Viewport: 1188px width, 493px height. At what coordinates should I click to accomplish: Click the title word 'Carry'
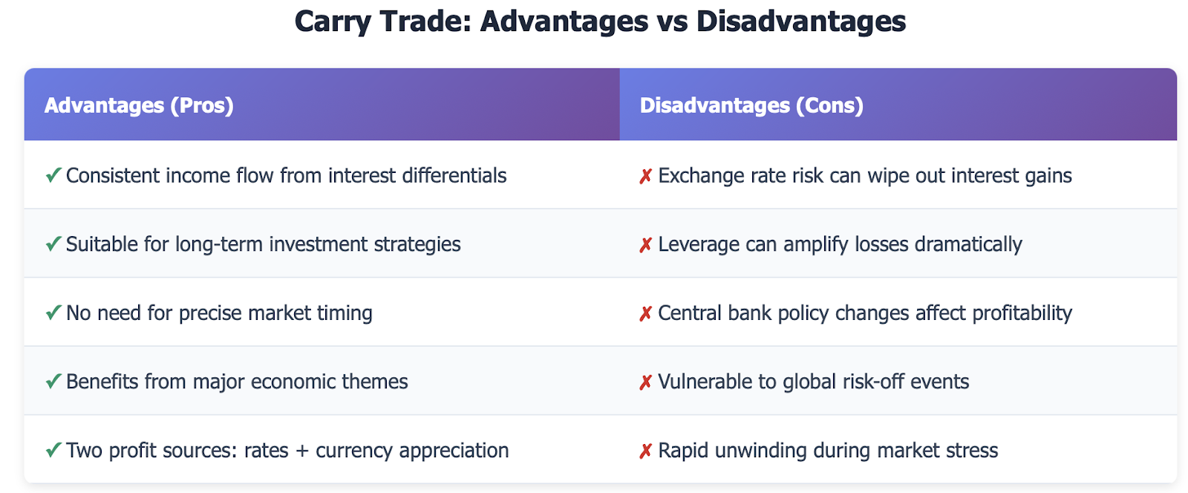pyautogui.click(x=332, y=23)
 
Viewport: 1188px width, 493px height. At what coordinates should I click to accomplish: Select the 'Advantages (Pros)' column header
pyautogui.click(x=139, y=105)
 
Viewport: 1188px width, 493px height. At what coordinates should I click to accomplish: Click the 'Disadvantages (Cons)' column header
pyautogui.click(x=751, y=105)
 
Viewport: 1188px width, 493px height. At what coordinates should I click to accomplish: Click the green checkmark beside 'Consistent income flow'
pyautogui.click(x=53, y=175)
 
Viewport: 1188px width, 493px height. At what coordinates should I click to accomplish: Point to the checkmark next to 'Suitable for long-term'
pyautogui.click(x=53, y=244)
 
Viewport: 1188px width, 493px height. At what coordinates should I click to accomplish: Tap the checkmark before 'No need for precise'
pyautogui.click(x=53, y=313)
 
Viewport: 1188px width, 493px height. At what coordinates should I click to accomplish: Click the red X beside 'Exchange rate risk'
pyautogui.click(x=645, y=176)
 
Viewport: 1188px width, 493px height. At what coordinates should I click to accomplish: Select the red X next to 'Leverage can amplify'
pyautogui.click(x=645, y=245)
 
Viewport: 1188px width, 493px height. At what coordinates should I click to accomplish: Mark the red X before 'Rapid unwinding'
pyautogui.click(x=645, y=451)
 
